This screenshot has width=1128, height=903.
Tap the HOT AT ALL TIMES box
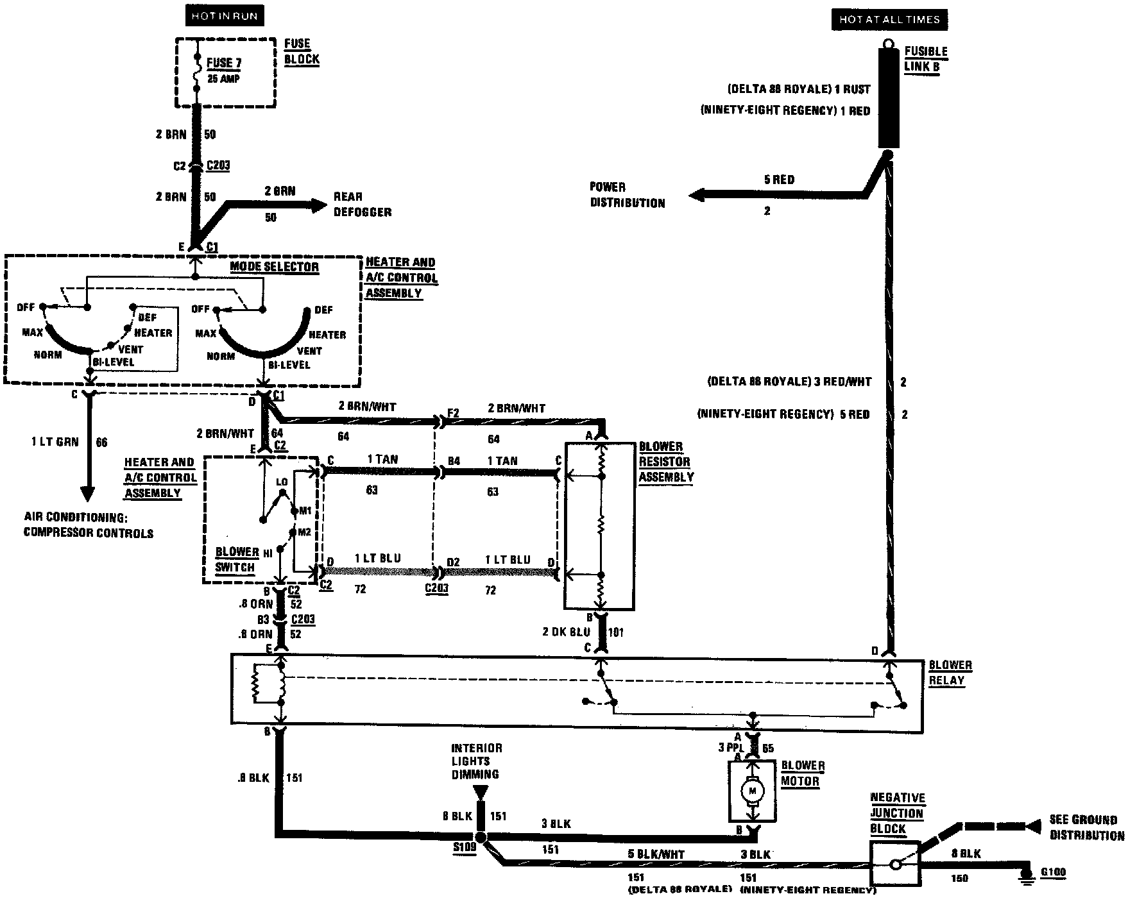click(x=889, y=19)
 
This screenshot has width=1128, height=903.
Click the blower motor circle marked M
click(x=752, y=791)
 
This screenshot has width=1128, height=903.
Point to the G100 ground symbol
click(x=1027, y=875)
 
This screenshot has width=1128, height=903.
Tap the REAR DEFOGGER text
click(x=362, y=205)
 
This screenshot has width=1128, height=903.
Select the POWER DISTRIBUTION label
click(x=627, y=195)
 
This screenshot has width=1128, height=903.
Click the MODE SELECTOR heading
click(x=274, y=267)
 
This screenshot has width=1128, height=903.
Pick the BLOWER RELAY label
click(x=950, y=673)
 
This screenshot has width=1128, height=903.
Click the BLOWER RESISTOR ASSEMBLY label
click(x=665, y=462)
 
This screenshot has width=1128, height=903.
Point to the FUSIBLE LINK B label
click(x=925, y=59)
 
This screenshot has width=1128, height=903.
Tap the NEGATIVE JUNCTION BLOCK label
click(x=897, y=813)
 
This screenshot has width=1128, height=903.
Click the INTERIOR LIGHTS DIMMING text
click(x=476, y=761)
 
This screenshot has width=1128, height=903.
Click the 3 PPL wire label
click(x=730, y=748)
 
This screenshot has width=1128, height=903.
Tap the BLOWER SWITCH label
click(x=236, y=560)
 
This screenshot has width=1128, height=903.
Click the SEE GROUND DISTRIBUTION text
click(x=1086, y=827)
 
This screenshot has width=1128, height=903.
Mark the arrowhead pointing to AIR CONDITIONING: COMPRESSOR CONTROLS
click(x=87, y=495)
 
